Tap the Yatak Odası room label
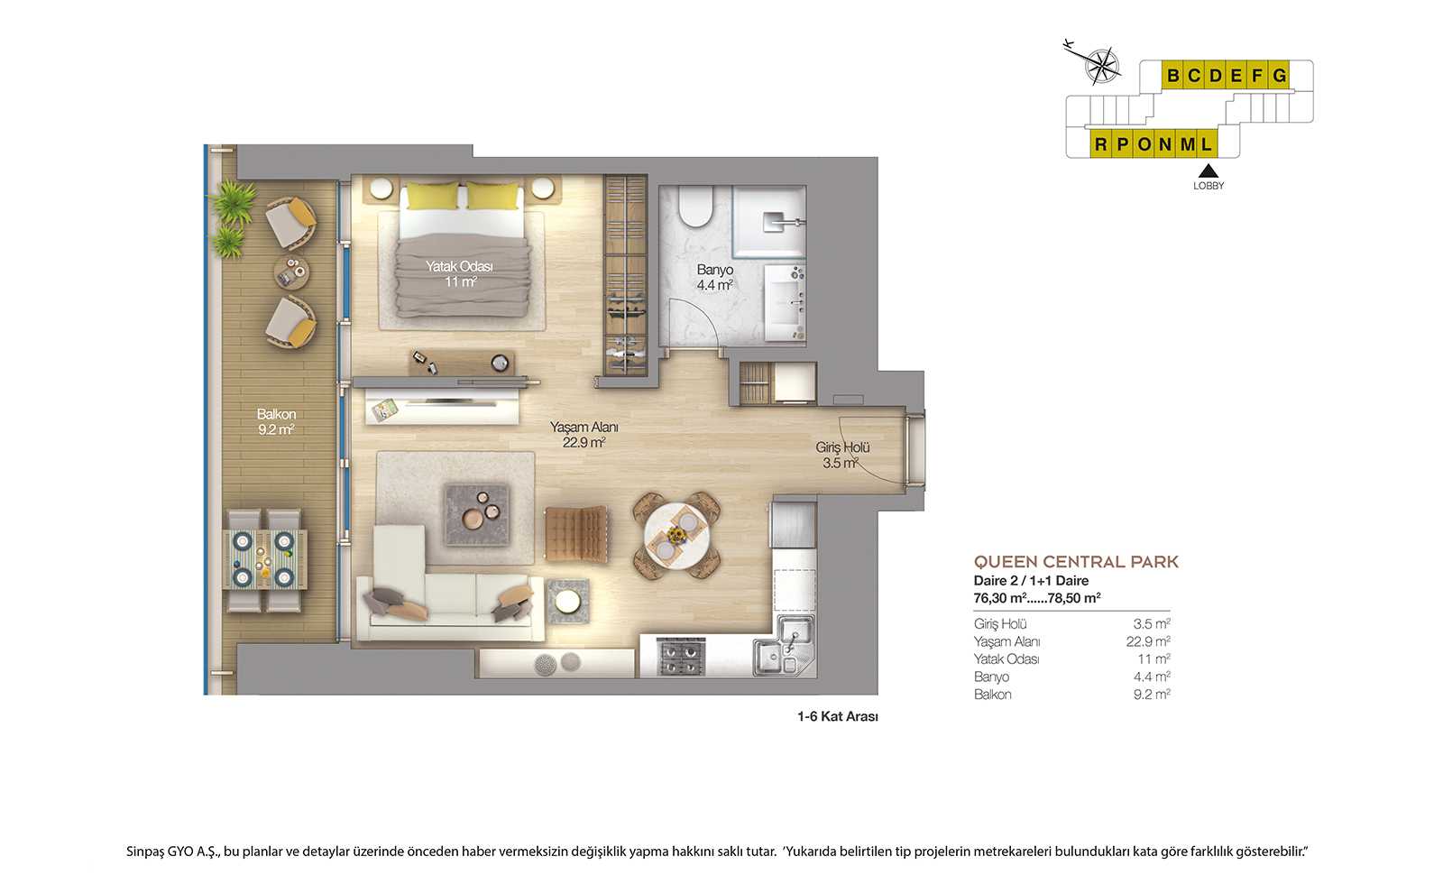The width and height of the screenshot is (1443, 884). pos(459,266)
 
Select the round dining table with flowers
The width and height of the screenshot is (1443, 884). pos(676,536)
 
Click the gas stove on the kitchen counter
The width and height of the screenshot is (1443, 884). pos(680,657)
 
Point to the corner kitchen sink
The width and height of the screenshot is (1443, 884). pos(786,646)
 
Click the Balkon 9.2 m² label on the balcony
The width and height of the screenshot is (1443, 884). pos(276,422)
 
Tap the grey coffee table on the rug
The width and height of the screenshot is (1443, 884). pos(477,515)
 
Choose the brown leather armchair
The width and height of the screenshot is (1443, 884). pos(576,533)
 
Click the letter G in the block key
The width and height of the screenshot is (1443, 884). pos(1280,76)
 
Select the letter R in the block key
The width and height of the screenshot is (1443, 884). pos(1101,144)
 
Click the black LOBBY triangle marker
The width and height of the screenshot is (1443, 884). pos(1209,170)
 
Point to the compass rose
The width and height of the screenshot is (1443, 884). pos(1101,66)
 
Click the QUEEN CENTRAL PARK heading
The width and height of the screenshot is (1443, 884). pos(1076,562)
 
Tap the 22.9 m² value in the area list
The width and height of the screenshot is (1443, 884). pos(1148,641)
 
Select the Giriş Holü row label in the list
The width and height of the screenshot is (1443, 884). pos(1000,623)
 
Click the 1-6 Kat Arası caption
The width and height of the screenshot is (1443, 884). pos(838,716)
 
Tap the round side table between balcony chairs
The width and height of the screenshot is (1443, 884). pos(291,272)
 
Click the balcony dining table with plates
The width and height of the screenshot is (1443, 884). pos(265,559)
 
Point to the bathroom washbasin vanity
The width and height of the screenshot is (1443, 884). pos(785,303)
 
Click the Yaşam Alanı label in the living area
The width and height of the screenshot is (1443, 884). pos(584,428)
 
